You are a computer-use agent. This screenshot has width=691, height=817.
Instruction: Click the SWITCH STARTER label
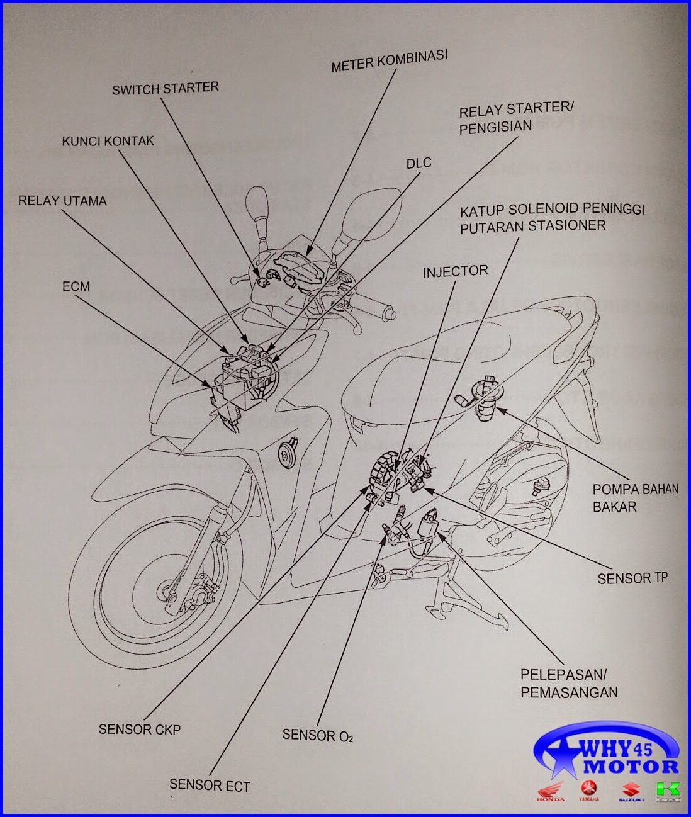[x=165, y=88]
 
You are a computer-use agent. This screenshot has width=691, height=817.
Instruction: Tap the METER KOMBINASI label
[x=389, y=60]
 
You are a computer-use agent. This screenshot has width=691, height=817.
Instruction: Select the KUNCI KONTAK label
[x=108, y=141]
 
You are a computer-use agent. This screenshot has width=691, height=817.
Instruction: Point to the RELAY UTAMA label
[x=62, y=201]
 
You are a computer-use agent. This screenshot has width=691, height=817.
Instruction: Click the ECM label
[x=76, y=286]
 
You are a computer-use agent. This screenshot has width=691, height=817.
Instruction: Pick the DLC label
[x=419, y=164]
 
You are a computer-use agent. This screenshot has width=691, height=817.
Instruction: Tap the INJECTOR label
[x=455, y=271]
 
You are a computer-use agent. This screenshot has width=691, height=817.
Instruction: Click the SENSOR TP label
[x=632, y=578]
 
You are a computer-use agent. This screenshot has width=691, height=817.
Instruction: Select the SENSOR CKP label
[x=139, y=730]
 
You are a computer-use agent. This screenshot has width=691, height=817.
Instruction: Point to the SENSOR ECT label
[x=209, y=785]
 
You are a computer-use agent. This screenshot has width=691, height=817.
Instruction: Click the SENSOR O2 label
[x=317, y=735]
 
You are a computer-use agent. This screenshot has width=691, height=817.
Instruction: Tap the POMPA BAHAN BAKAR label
[x=634, y=497]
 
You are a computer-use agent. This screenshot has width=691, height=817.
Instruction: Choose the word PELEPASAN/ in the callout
[x=563, y=674]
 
